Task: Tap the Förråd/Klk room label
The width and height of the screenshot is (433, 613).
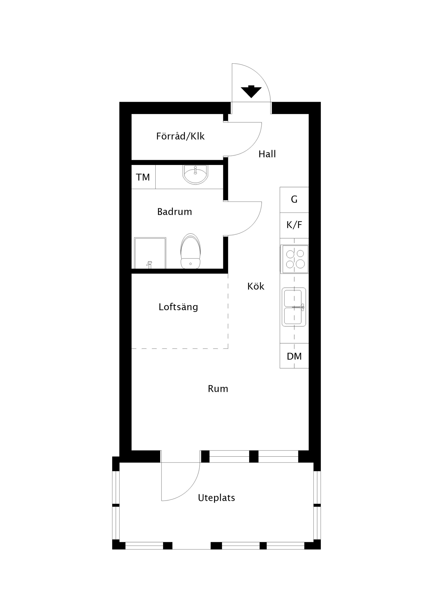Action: (180, 136)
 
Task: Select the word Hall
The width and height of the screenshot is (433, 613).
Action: (267, 154)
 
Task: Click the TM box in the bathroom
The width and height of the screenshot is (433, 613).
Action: (143, 177)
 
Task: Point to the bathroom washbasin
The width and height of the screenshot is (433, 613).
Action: (195, 175)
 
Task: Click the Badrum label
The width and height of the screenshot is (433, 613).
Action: (175, 212)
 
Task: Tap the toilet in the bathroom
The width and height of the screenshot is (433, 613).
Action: (191, 251)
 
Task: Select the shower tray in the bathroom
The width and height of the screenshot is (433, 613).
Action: (150, 253)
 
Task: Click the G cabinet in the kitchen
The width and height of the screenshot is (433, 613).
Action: (294, 200)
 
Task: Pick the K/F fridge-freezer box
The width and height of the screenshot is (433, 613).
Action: (294, 225)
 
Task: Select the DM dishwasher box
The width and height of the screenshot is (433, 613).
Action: (294, 356)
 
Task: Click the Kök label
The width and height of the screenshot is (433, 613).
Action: (256, 286)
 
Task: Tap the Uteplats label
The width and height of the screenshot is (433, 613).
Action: (216, 498)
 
